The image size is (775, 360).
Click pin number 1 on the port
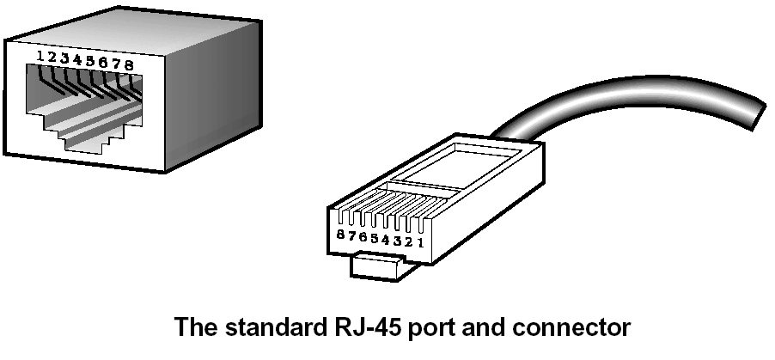(x=40, y=57)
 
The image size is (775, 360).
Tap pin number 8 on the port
(x=129, y=64)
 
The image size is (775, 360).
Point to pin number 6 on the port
(x=103, y=63)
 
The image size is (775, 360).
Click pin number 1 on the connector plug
(x=419, y=241)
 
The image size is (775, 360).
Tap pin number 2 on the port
(x=52, y=58)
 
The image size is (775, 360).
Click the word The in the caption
(x=194, y=328)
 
